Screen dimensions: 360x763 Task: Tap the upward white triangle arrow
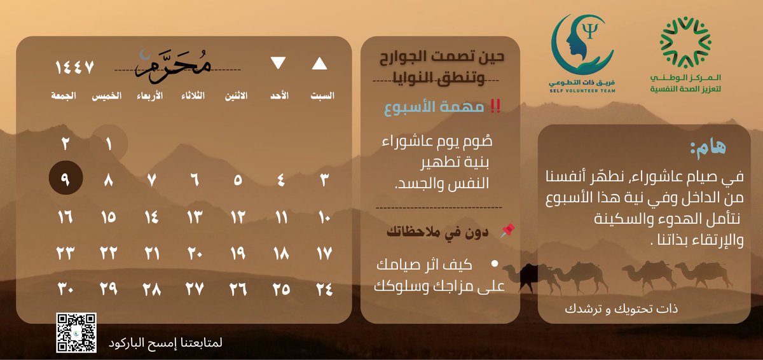pyautogui.click(x=320, y=64)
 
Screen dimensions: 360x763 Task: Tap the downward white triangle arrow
pyautogui.click(x=278, y=63)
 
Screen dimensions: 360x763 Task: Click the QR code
pyautogui.click(x=76, y=333)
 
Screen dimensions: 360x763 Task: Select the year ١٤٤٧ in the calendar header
pyautogui.click(x=75, y=66)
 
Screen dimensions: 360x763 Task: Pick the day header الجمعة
pyautogui.click(x=64, y=96)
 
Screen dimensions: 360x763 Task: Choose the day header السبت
pyautogui.click(x=322, y=96)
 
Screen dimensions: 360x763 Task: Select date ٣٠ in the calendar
pyautogui.click(x=66, y=289)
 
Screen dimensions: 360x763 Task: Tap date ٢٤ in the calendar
pyautogui.click(x=324, y=289)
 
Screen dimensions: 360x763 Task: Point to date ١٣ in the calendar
pyautogui.click(x=195, y=217)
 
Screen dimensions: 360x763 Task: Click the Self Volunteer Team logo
pyautogui.click(x=582, y=54)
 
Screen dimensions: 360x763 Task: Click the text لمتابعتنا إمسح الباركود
pyautogui.click(x=165, y=342)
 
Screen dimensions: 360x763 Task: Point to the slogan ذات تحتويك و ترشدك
pyautogui.click(x=622, y=309)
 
